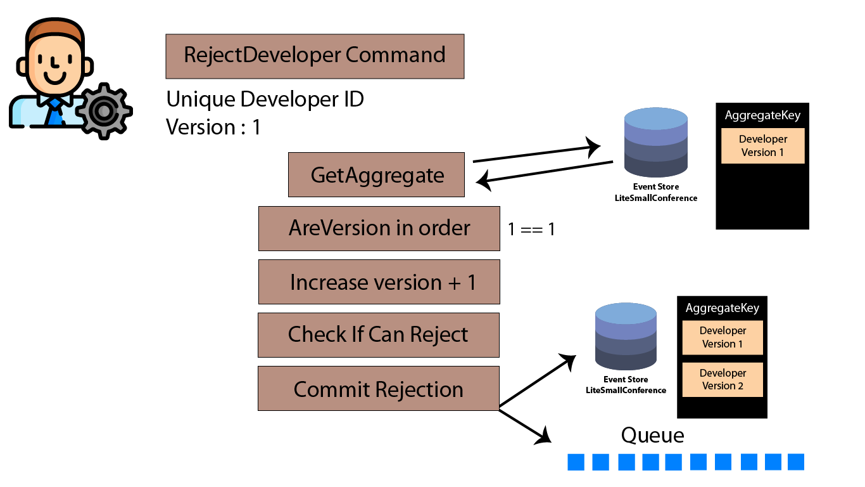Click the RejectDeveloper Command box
pos(315,56)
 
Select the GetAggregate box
pos(376,175)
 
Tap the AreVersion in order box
pos(379,229)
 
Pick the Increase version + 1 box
pos(379,282)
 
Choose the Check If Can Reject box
pos(379,335)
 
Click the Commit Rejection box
pos(379,388)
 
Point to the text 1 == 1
pos(531,230)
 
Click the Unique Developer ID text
pos(265,99)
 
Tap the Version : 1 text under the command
pos(213,127)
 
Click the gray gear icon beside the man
pos(104,111)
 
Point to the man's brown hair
pos(54,30)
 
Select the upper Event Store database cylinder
pos(655,142)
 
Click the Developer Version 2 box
pos(723,379)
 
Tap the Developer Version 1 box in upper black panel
pos(763,146)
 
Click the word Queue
pos(653,436)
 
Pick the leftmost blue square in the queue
pos(576,462)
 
